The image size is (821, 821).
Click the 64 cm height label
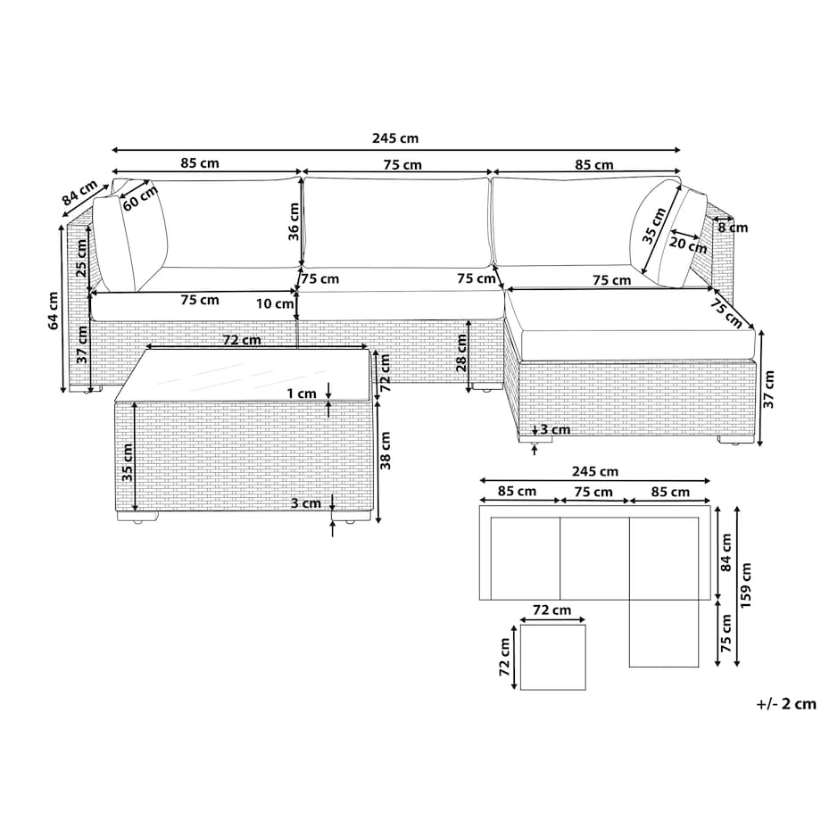point(54,311)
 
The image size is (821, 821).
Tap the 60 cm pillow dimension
point(140,198)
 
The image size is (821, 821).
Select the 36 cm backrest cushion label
point(294,221)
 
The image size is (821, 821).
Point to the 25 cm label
point(82,258)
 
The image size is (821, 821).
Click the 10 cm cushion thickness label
point(275,303)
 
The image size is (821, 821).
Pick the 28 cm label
point(461,352)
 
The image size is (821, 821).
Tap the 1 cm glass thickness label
point(302,394)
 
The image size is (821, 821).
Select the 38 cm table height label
point(386,451)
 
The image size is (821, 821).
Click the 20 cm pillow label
point(688,244)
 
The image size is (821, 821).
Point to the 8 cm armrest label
point(733,228)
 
